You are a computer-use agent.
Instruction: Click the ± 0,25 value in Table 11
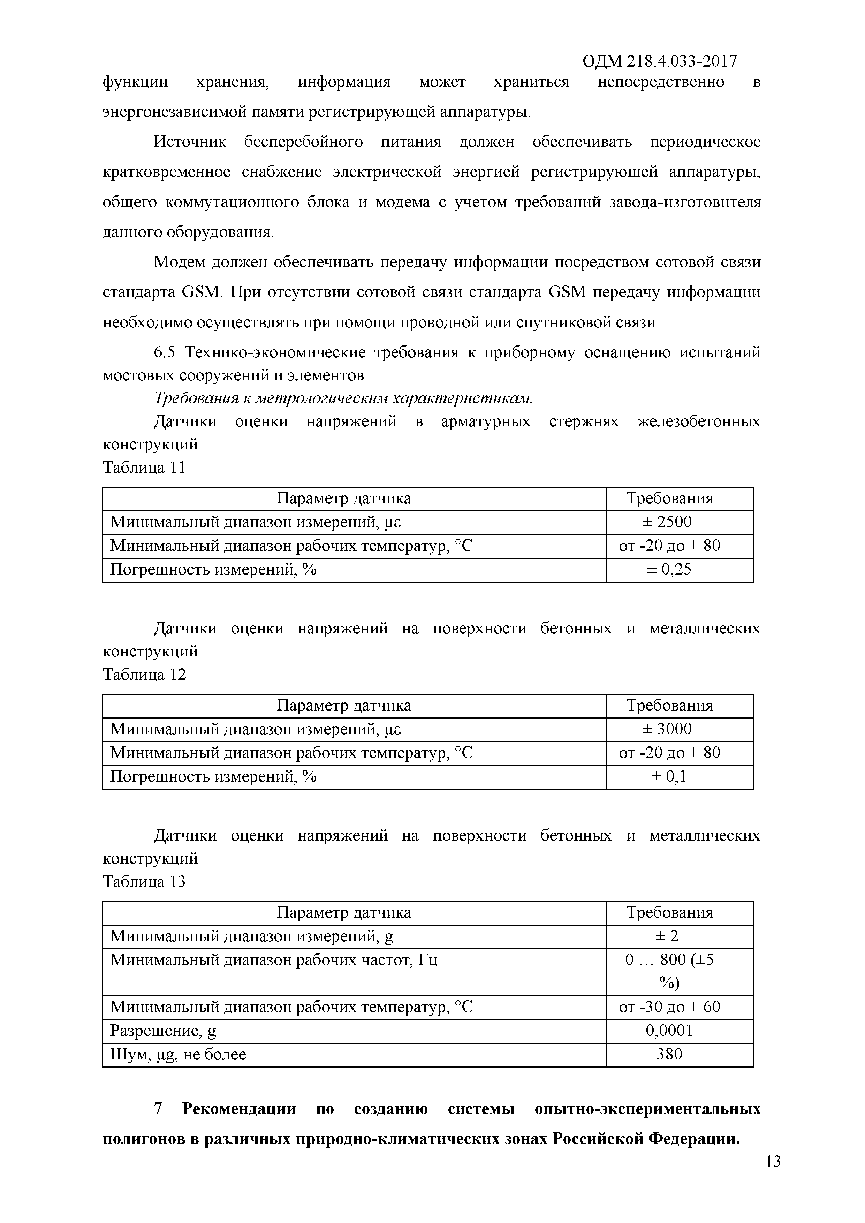point(669,569)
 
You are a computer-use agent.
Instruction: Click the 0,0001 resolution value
point(669,1031)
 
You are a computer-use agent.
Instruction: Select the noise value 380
point(669,1054)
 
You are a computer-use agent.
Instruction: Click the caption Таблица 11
point(144,468)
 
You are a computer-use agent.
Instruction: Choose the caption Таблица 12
point(144,675)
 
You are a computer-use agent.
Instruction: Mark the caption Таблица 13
point(144,882)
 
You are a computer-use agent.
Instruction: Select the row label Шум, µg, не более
point(178,1055)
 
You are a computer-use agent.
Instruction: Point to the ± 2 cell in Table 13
point(669,936)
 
